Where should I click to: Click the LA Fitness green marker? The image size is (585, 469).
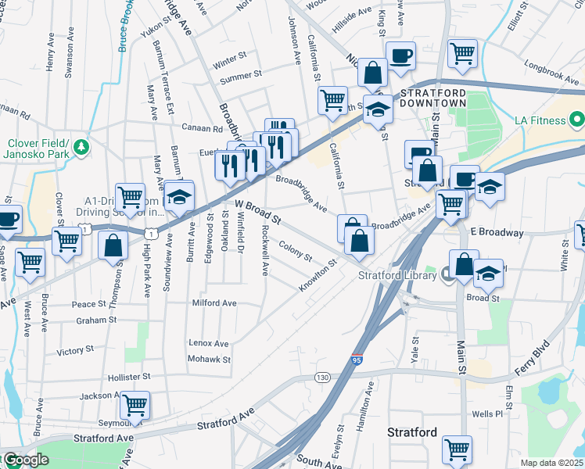577,120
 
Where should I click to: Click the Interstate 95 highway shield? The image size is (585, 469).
357,360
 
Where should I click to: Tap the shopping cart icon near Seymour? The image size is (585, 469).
135,406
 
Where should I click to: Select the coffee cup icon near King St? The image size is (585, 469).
400,56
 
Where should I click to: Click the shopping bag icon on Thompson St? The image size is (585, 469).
113,244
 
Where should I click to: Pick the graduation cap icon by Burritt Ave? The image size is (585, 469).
178,197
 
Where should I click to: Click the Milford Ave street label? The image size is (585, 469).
214,303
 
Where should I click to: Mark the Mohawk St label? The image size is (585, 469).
209,360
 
